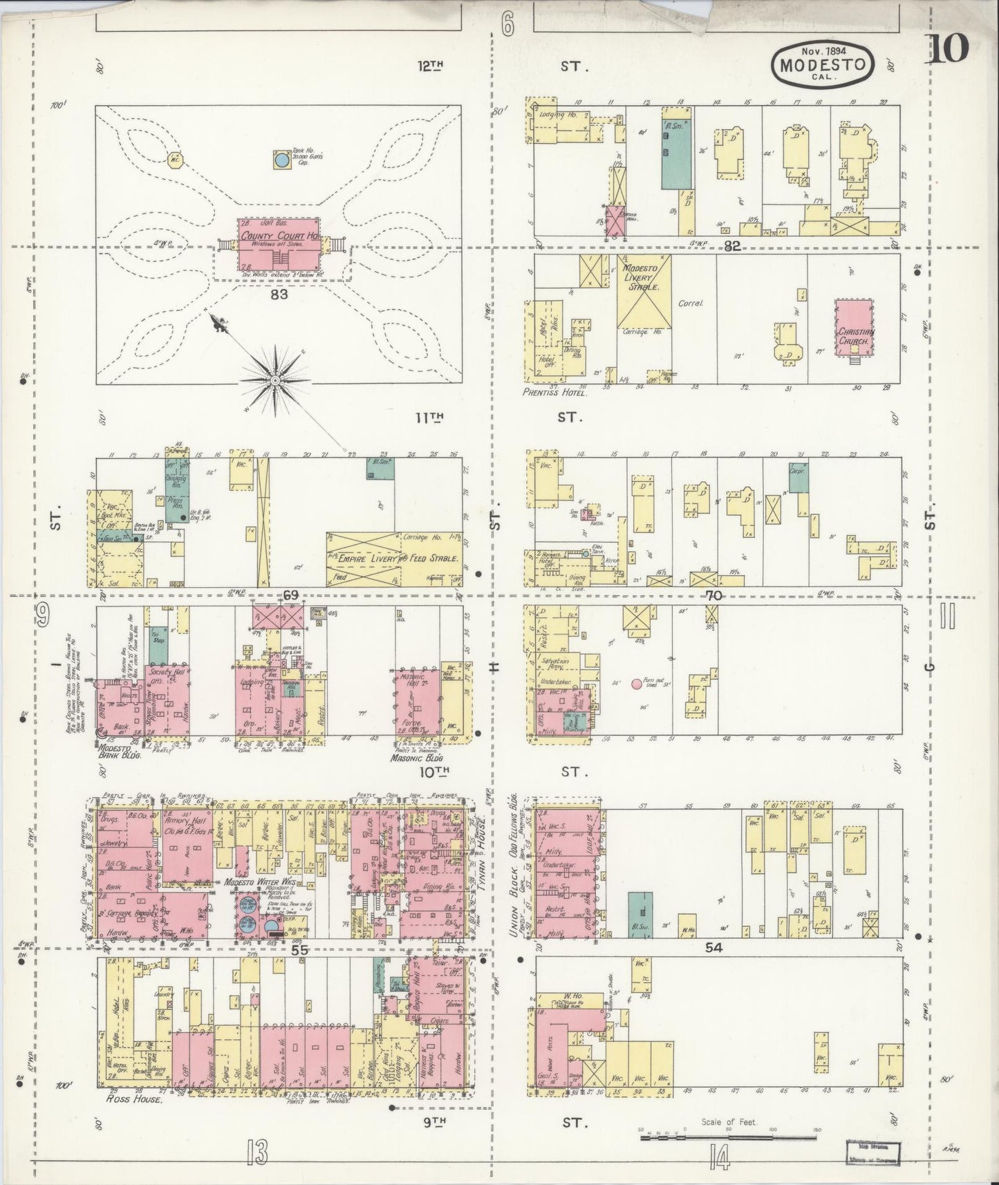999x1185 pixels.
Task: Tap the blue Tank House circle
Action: click(x=281, y=160)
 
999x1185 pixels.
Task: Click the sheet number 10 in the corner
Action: click(x=949, y=49)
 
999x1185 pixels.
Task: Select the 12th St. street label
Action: click(x=430, y=66)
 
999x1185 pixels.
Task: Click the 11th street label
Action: click(x=430, y=417)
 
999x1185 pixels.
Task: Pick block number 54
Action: click(x=713, y=948)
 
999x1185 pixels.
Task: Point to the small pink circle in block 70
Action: click(x=635, y=684)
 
